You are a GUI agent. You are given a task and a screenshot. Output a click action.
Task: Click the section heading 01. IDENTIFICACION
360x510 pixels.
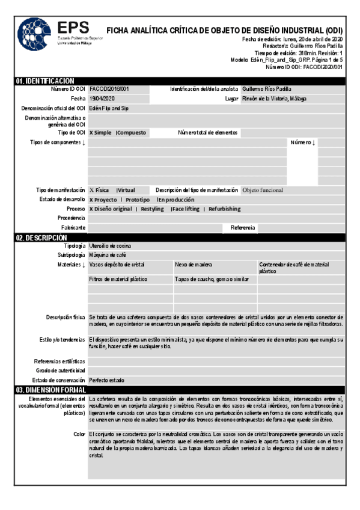[45, 81]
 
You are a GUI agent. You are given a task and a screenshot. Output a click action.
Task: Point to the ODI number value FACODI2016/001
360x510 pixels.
[109, 89]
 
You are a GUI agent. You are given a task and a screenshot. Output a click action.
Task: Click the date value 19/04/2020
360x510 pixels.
[102, 99]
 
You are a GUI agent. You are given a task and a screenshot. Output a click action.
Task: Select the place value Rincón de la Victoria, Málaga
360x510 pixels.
[276, 99]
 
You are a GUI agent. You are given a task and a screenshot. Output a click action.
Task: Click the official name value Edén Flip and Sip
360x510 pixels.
[109, 108]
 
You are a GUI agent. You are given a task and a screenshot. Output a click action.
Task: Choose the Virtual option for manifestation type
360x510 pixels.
[127, 190]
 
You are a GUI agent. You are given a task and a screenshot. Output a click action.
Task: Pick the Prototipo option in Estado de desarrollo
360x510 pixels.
[138, 200]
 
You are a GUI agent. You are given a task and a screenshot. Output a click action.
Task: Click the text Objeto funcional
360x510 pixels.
[263, 190]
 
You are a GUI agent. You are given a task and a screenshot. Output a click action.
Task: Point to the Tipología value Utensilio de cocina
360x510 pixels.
[110, 246]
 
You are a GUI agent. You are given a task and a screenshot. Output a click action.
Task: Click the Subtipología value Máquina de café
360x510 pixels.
[107, 255]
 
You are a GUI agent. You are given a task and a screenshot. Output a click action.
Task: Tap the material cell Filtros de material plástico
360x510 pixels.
[118, 280]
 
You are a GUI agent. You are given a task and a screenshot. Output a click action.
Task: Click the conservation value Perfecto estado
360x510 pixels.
[107, 380]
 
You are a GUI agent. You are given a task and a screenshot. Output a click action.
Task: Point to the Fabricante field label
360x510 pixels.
[73, 227]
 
